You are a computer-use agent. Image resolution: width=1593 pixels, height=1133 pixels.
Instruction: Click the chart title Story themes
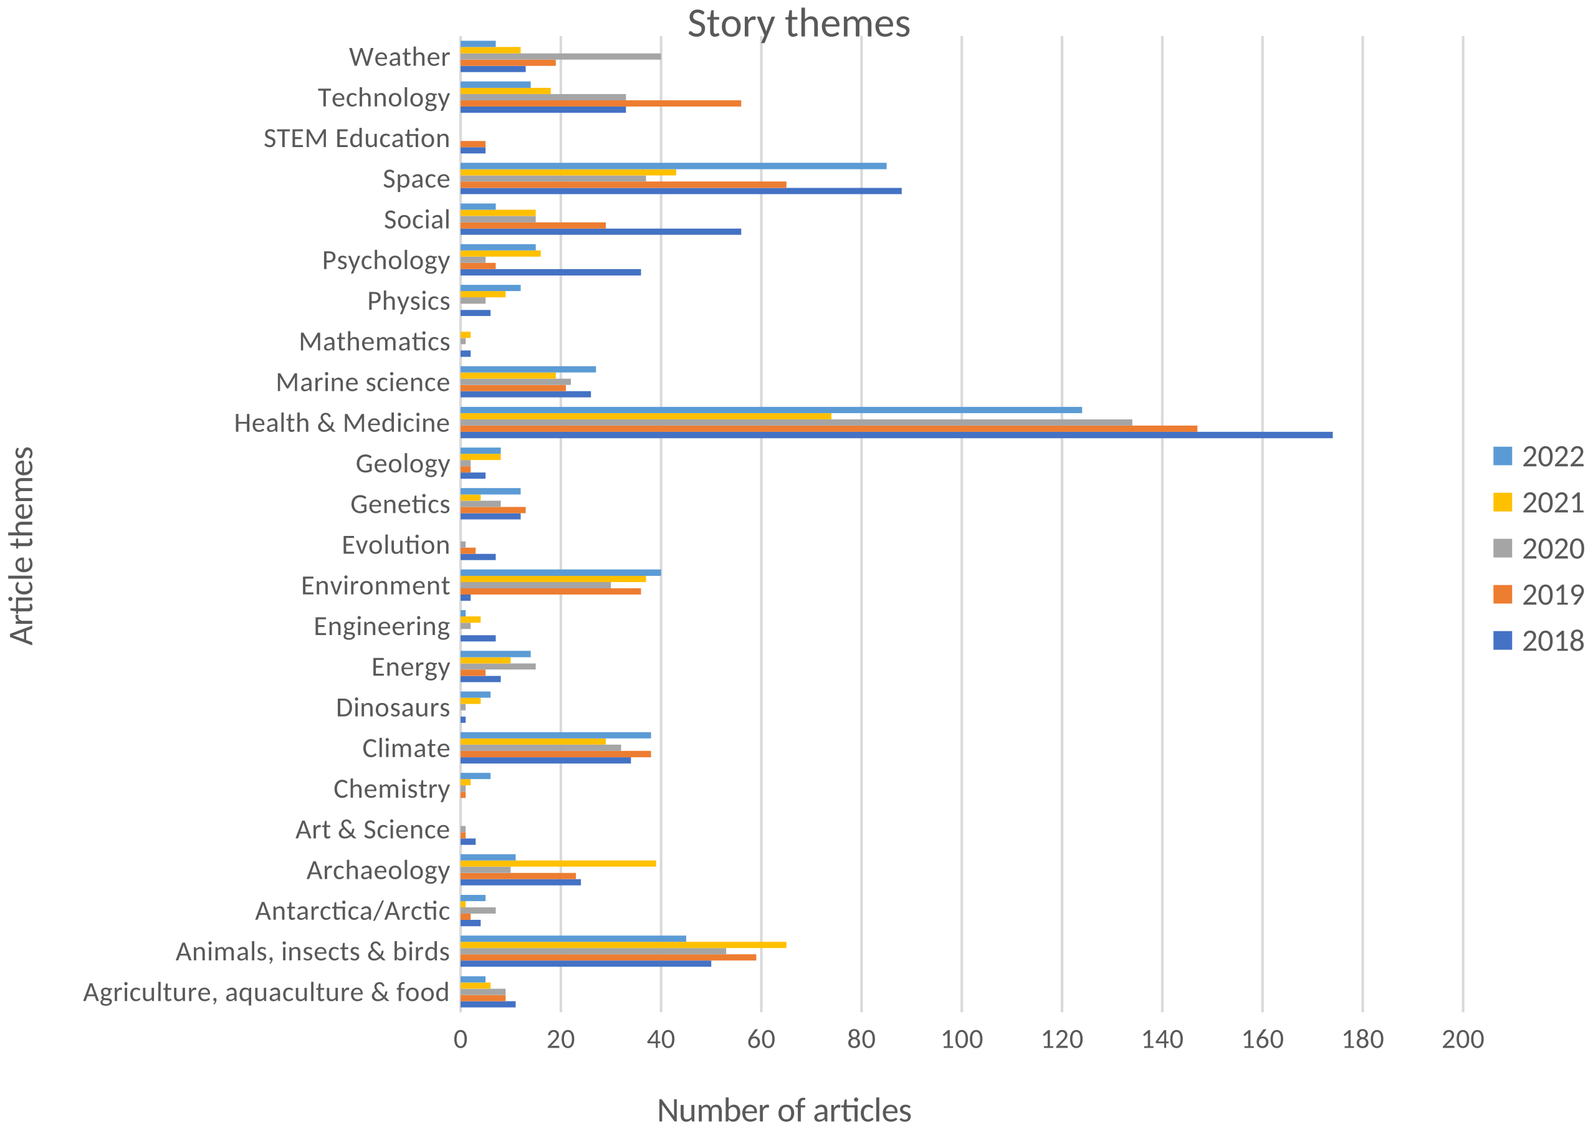pos(798,24)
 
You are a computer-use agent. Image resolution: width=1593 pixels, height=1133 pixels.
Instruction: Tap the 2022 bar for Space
pos(672,166)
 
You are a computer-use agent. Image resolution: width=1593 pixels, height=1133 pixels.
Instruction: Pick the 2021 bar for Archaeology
pos(558,863)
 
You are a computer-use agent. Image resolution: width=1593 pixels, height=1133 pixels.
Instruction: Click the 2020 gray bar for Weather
pos(560,56)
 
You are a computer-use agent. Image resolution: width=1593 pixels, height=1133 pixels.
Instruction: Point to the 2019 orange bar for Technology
pos(600,103)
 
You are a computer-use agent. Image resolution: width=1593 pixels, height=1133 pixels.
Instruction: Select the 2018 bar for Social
pos(600,232)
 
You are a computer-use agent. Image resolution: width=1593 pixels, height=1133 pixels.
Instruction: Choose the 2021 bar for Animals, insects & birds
pos(623,945)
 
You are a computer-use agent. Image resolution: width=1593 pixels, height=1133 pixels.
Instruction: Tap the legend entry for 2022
pos(1538,457)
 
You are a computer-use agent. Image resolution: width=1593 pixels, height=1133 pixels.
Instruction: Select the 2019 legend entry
pos(1538,595)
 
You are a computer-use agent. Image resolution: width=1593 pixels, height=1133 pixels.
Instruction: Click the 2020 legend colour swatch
pos(1502,548)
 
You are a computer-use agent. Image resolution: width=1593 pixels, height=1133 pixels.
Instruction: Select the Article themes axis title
pos(22,545)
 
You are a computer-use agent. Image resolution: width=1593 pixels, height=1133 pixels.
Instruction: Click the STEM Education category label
pos(356,139)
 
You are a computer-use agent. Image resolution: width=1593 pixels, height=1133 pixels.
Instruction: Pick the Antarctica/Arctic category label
pos(352,911)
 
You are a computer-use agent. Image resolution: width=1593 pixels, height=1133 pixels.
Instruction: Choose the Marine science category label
pos(362,382)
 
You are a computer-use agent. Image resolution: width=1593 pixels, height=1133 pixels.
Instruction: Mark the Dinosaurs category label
pos(392,707)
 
